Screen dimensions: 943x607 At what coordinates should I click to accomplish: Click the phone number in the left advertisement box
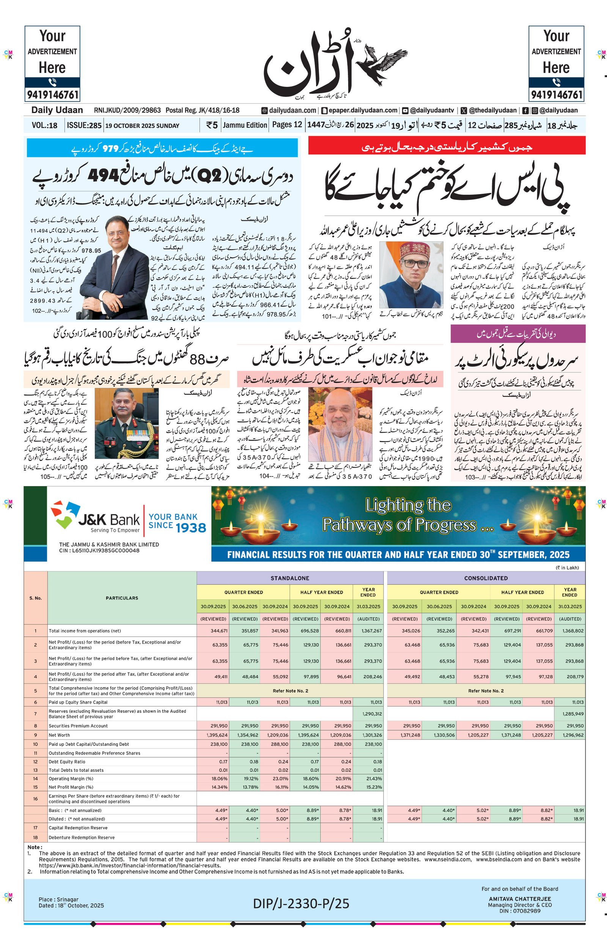52,95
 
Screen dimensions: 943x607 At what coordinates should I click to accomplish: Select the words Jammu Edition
245,125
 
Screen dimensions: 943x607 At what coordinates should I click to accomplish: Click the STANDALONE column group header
290,578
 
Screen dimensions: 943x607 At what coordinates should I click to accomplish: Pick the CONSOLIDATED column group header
486,578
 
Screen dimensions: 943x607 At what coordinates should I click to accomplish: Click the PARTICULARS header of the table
122,598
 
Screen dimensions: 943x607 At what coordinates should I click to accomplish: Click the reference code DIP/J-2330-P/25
301,903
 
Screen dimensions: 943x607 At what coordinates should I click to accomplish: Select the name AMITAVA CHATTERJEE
519,899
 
